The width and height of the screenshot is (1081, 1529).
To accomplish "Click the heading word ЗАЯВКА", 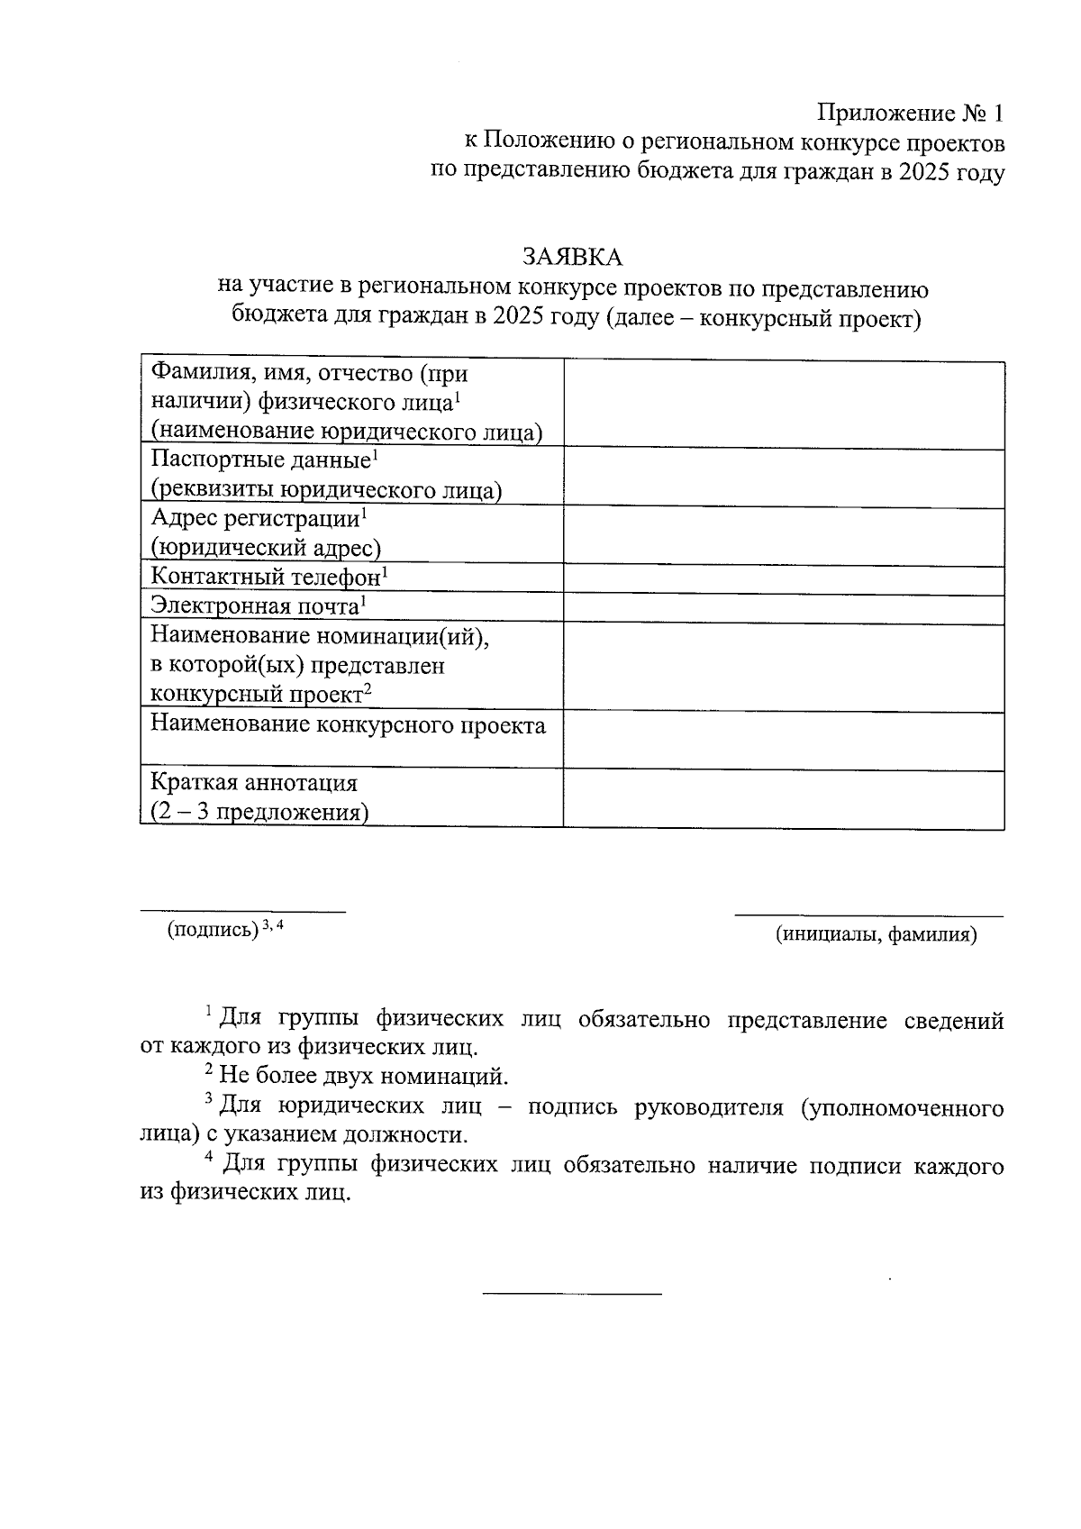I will [572, 258].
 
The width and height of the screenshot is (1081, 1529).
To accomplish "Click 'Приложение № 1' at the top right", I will [910, 114].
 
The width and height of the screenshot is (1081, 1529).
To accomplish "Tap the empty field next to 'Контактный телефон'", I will [784, 578].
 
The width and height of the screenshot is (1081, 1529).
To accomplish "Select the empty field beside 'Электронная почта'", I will [784, 608].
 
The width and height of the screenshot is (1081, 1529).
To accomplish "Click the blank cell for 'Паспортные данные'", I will [784, 477].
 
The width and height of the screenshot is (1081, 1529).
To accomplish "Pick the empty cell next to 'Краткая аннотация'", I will [784, 798].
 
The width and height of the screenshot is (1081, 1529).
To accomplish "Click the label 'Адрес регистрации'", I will [256, 519].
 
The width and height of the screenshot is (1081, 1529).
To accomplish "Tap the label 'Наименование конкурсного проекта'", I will [348, 726].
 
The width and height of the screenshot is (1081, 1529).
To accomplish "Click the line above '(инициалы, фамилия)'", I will [868, 915].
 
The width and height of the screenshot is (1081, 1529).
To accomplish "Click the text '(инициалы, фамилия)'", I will [876, 935].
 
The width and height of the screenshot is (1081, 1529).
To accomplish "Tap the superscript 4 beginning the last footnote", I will [209, 1159].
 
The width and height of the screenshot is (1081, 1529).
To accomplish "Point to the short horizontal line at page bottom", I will [572, 1295].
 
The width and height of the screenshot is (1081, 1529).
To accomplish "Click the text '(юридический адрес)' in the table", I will [266, 548].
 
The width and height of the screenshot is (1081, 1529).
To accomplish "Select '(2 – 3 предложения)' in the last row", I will [259, 813].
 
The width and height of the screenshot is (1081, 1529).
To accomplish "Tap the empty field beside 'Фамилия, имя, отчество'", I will [784, 405].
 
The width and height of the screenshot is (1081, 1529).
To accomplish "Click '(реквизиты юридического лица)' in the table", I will [326, 491].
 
